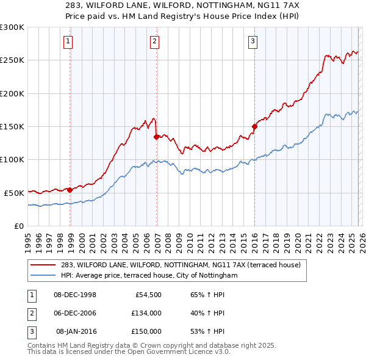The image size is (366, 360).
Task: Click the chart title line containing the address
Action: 182,5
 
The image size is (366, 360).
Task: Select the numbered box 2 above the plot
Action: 154,41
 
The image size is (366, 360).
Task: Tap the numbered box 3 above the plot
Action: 253,41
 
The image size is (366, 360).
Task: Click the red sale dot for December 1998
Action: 70,190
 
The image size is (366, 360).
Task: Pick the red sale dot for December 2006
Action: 157,137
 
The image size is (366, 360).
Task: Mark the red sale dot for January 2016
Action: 254,127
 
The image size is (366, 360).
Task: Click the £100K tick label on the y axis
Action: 12,159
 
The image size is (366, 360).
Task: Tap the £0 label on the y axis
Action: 18,226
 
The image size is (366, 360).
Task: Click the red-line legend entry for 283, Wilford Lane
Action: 181,265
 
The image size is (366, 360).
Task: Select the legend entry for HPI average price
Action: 148,276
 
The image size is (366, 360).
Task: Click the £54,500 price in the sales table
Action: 147,295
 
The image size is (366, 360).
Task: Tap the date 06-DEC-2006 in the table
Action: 75,313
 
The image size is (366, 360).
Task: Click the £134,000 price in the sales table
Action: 146,313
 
